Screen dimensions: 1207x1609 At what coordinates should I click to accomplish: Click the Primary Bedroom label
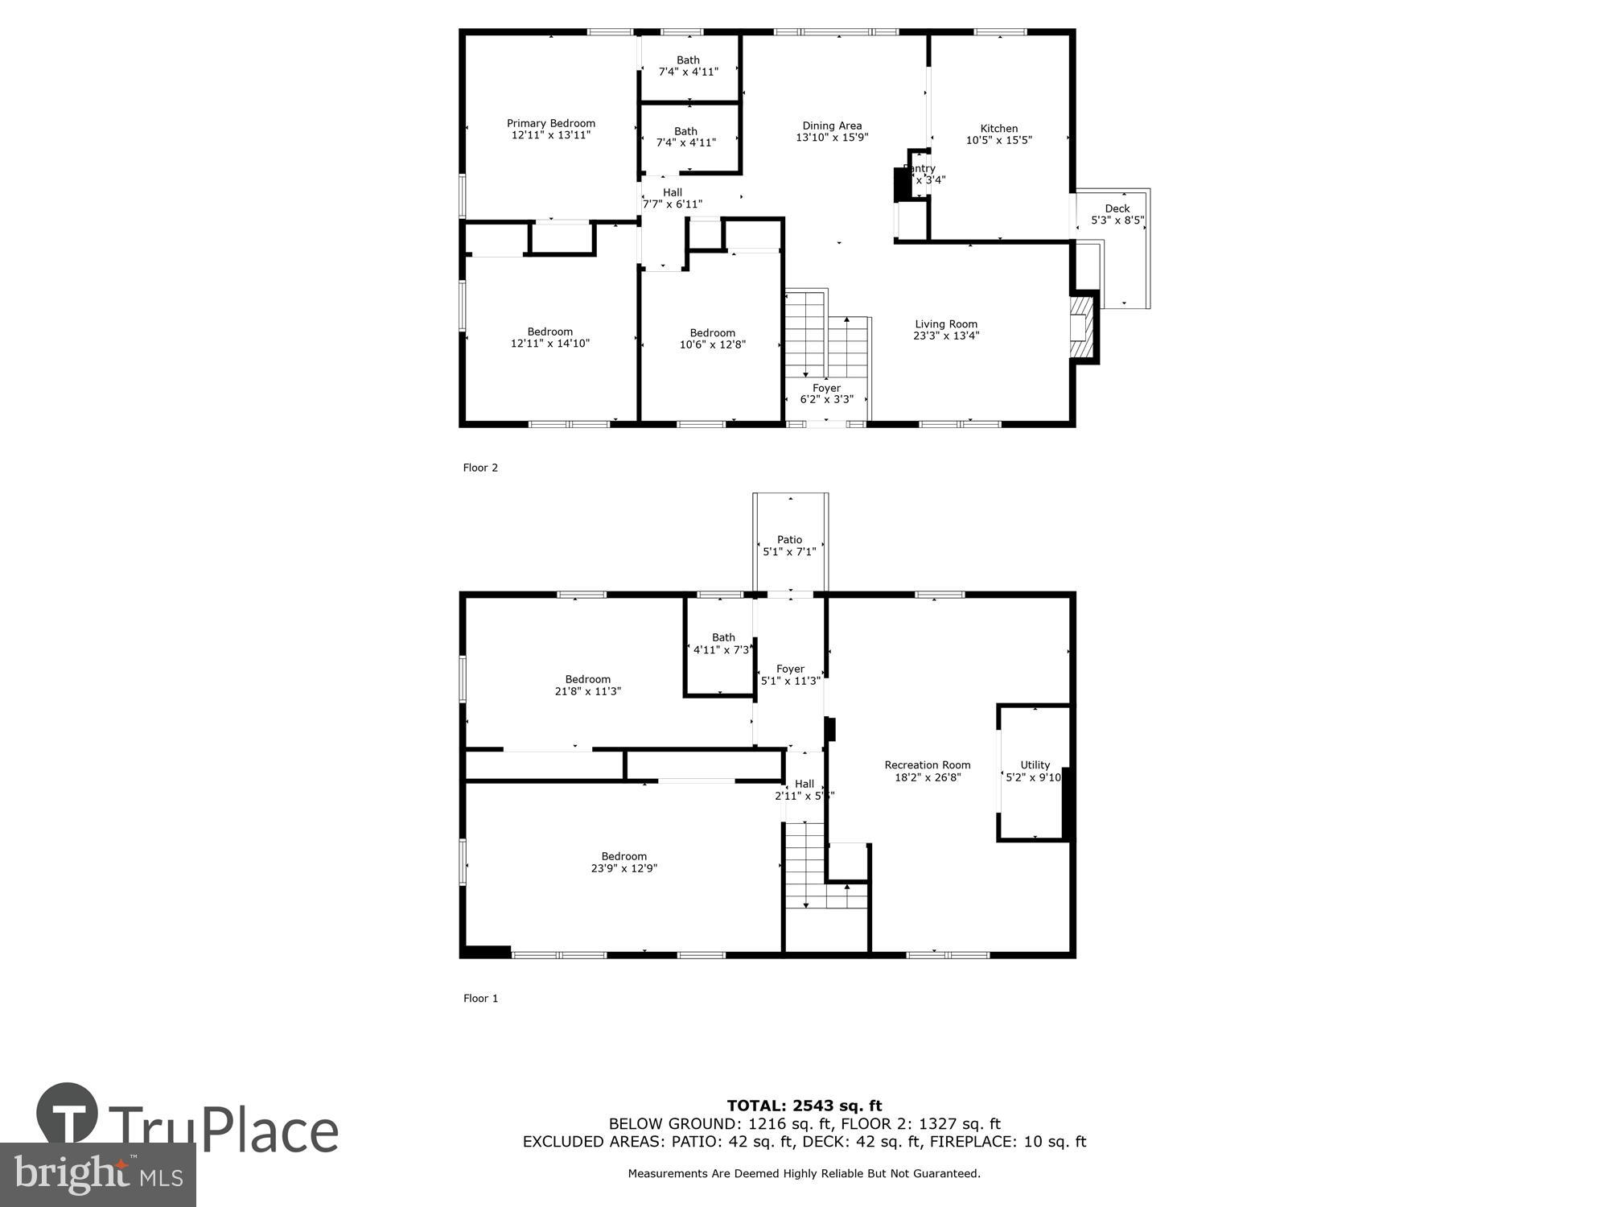551,123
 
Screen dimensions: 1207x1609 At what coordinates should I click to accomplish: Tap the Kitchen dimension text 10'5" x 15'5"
998,140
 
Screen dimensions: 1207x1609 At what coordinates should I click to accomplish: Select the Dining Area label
832,126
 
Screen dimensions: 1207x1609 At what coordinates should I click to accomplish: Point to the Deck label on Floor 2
1117,208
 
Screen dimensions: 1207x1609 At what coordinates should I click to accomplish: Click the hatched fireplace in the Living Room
1082,327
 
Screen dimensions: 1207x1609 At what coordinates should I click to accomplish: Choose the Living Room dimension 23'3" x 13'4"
946,336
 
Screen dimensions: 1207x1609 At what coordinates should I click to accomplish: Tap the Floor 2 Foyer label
826,388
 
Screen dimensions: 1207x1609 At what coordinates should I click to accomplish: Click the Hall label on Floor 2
673,192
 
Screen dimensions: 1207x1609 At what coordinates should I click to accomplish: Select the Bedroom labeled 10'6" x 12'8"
712,338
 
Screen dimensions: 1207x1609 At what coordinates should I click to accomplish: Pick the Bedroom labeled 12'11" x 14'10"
550,337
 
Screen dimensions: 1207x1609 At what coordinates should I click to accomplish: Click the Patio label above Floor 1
789,540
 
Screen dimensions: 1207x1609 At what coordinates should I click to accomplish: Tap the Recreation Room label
927,765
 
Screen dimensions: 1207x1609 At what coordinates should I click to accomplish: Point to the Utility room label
1035,765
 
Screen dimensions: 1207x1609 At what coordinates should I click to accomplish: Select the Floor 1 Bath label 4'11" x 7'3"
722,643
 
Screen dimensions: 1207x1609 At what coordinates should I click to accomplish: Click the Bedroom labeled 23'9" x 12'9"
623,862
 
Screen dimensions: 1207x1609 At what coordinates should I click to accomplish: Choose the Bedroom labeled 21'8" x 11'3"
587,685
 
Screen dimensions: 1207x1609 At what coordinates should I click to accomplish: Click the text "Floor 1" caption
480,999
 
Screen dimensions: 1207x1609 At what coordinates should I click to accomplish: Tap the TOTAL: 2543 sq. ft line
804,1106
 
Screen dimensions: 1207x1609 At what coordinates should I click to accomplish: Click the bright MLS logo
97,1174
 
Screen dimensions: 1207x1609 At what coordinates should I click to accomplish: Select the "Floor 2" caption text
480,468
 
